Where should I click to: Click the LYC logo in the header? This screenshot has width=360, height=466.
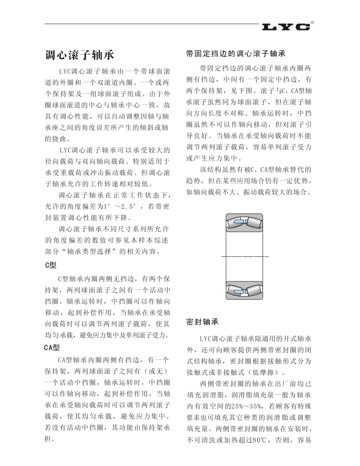coord(286,27)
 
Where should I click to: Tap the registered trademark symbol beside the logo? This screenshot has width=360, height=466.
coord(312,22)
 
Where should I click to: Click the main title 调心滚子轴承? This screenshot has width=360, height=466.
coord(80,55)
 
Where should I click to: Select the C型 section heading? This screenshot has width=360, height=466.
coord(51,266)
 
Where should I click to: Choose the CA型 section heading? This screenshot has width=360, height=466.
coord(53,348)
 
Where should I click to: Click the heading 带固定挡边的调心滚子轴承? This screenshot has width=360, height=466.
coord(236,54)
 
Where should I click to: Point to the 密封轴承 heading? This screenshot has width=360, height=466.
coord(202,322)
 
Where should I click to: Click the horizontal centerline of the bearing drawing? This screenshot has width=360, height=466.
coord(245,257)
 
